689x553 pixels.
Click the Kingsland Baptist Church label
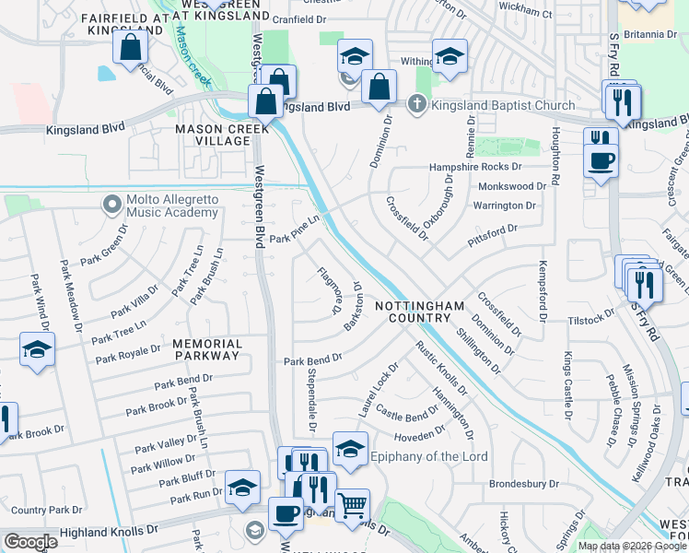(503, 105)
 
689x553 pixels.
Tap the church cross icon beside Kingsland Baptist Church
(417, 104)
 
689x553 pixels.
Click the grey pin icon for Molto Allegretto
(113, 202)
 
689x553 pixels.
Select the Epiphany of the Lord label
(428, 456)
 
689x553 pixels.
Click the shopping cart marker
(351, 506)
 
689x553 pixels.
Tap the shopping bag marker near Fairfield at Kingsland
(131, 47)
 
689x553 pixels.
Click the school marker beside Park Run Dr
(242, 488)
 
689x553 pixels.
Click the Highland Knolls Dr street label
(109, 532)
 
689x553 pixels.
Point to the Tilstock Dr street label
(590, 317)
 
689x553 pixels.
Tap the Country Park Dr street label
(47, 510)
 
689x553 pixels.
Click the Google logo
(30, 542)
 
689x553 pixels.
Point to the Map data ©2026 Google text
(632, 546)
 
